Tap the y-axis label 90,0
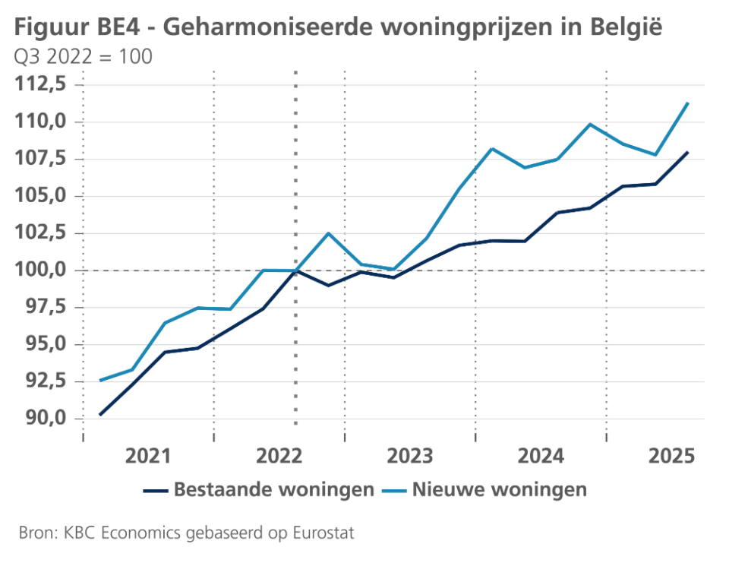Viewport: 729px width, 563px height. [x=43, y=419]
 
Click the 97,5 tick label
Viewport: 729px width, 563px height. [x=43, y=307]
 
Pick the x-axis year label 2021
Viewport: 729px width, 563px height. [x=148, y=456]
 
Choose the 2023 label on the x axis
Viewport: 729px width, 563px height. [x=410, y=456]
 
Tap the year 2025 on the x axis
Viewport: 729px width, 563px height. [x=672, y=456]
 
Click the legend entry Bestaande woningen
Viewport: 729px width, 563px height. [x=273, y=489]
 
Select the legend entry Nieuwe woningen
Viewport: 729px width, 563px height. [x=500, y=489]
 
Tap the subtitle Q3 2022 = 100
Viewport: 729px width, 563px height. [x=82, y=57]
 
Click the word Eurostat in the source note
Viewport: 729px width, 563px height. [x=320, y=533]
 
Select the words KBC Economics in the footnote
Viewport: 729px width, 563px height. [x=103, y=533]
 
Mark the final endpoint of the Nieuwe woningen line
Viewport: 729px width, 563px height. [x=688, y=103]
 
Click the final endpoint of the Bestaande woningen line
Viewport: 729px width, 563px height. [x=688, y=152]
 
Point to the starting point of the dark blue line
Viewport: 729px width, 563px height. [x=100, y=415]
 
